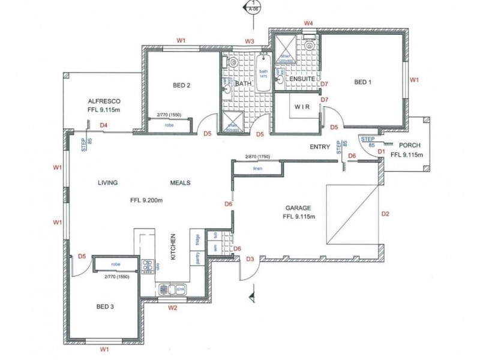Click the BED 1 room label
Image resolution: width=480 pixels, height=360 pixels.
pos(363,82)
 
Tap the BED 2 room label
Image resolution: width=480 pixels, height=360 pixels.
pos(181,85)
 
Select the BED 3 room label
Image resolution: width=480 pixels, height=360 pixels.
pos(105,307)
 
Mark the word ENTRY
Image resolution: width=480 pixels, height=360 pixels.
pos(320,146)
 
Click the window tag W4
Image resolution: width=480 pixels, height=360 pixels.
pos(308,22)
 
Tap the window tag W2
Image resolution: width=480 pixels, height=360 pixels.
pos(172,308)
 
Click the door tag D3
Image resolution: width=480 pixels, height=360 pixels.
pos(250,259)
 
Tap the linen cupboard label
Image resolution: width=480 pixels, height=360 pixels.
pos(258,169)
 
